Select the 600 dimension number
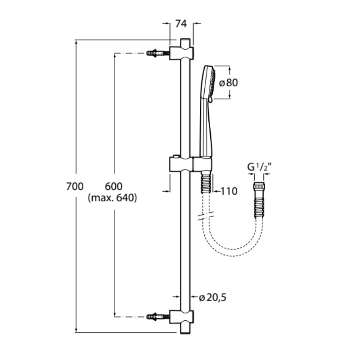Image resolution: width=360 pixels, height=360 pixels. pyautogui.click(x=113, y=186)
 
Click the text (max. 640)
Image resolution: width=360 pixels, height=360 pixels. pyautogui.click(x=112, y=198)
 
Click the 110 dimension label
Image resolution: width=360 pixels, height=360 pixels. pyautogui.click(x=229, y=191)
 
